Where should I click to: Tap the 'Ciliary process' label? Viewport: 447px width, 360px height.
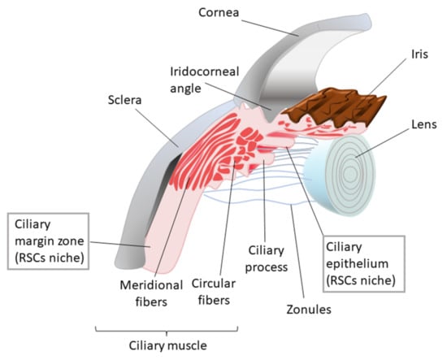click(266, 252)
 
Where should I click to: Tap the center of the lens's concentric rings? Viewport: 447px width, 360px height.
click(351, 173)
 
